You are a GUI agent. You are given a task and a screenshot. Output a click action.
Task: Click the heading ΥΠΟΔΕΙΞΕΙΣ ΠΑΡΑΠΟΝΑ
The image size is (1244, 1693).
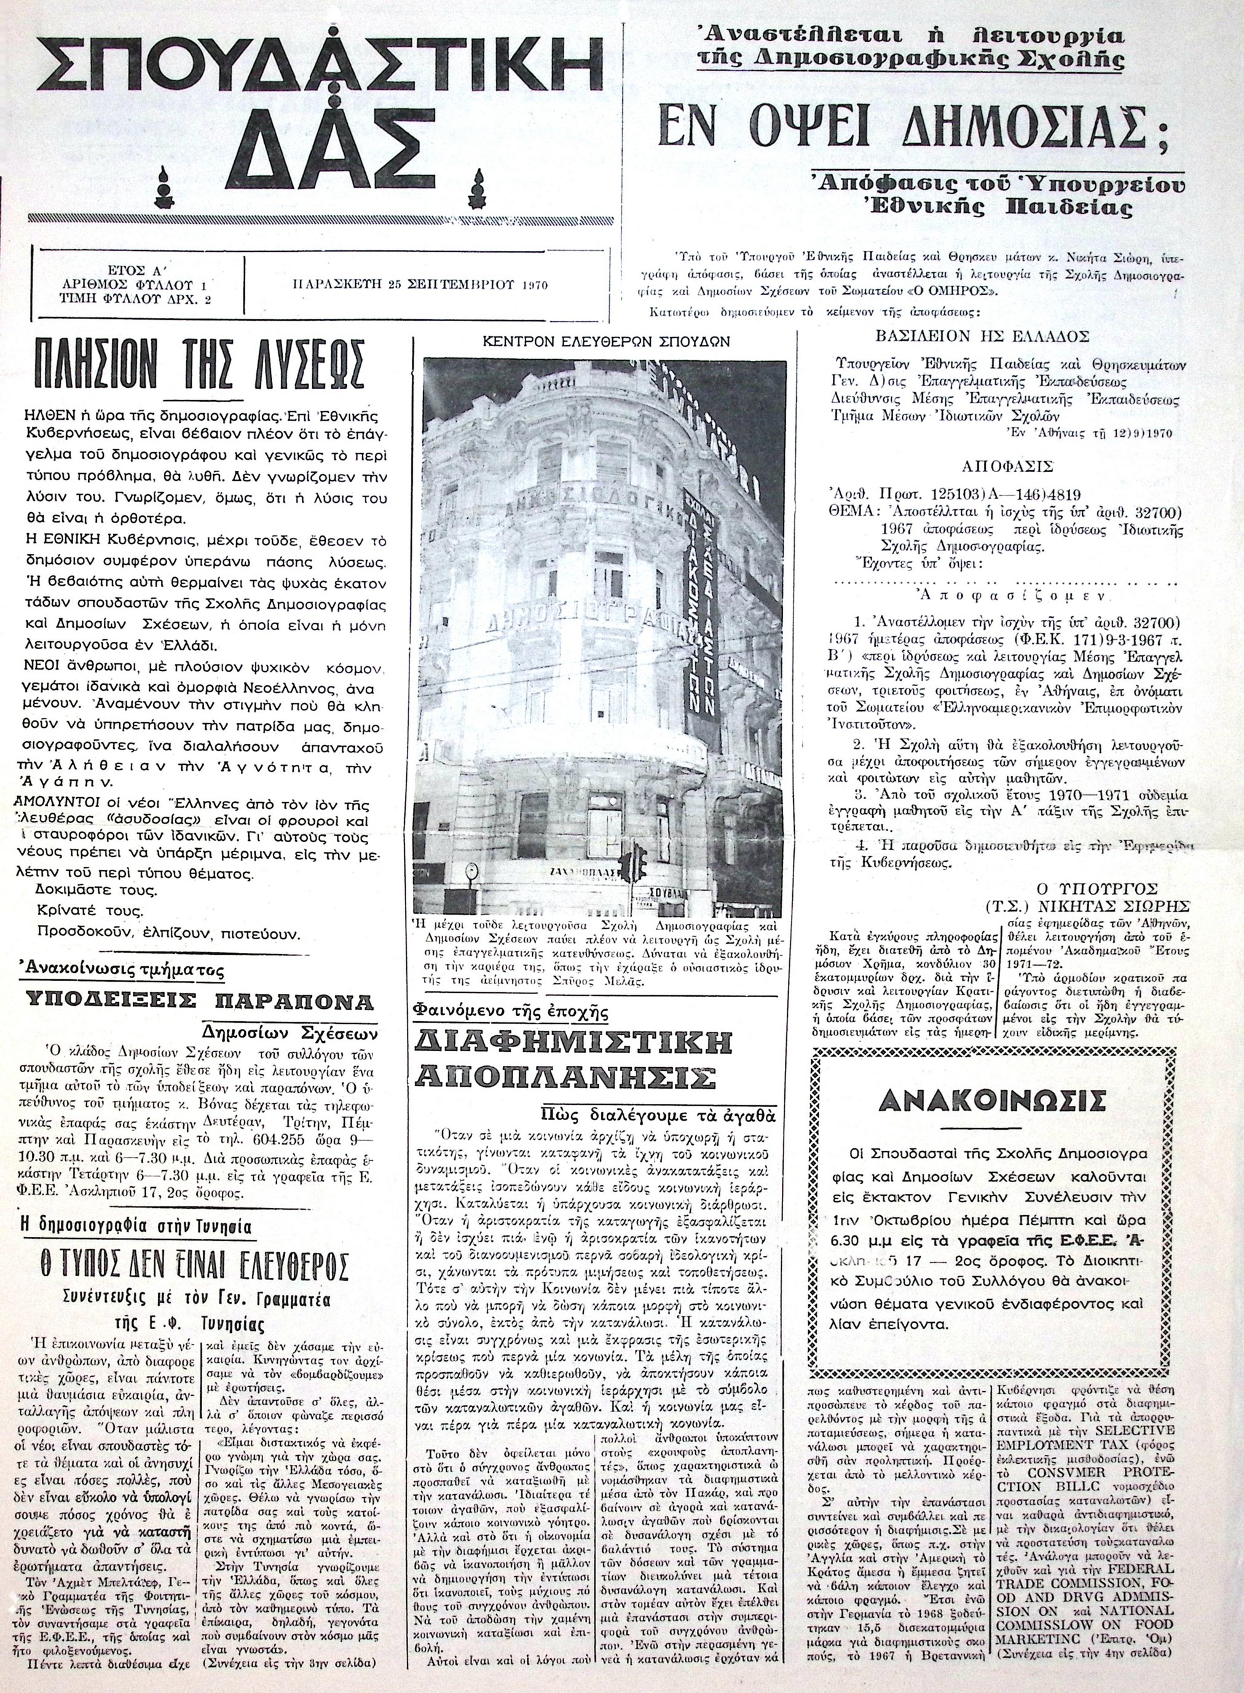(200, 1001)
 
